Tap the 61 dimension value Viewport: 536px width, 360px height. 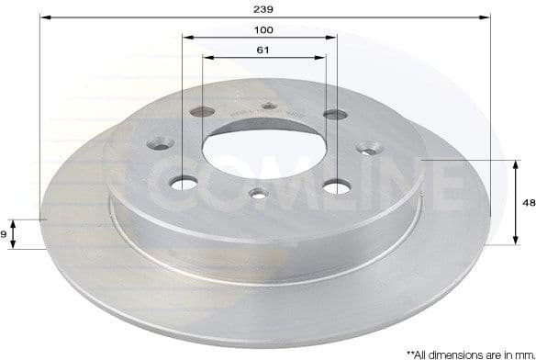point(263,51)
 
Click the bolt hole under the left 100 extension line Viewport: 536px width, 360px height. point(184,183)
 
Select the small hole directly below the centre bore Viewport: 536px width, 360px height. point(260,193)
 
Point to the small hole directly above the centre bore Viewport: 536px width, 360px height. point(269,106)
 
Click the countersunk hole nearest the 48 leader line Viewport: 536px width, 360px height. point(373,147)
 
